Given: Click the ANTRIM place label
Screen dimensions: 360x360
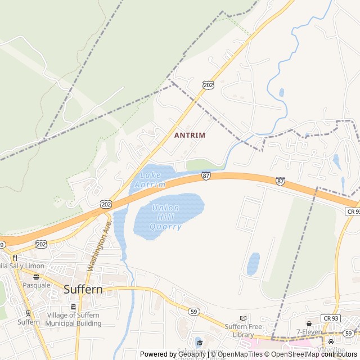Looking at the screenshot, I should [x=190, y=136].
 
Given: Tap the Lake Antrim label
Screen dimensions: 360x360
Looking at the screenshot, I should [x=150, y=180].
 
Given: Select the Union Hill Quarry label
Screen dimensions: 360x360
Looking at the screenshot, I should [x=165, y=217].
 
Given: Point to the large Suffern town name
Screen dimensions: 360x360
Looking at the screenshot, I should [x=83, y=290].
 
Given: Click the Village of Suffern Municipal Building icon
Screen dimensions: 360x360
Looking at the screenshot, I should [x=74, y=307].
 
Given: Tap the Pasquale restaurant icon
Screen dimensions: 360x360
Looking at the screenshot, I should [x=37, y=277].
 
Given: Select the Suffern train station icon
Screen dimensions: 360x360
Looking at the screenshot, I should [x=28, y=313].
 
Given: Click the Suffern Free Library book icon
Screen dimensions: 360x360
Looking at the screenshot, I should [x=243, y=318].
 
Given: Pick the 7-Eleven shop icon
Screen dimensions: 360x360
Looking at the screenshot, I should [x=309, y=323].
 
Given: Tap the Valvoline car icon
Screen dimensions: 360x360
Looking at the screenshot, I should [x=331, y=341].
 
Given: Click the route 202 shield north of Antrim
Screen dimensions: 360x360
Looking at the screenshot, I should [x=208, y=84].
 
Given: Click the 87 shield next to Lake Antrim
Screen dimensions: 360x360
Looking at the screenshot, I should [x=206, y=176].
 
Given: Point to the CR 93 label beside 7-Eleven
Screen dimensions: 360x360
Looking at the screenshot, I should [x=330, y=318].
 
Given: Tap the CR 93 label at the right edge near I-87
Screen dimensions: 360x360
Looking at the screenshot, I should [x=352, y=210].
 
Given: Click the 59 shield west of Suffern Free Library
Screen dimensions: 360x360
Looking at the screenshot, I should [x=193, y=311].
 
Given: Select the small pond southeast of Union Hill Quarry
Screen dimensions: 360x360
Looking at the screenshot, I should [x=253, y=264].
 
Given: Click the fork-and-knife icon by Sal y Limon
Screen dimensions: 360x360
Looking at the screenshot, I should [x=15, y=257].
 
